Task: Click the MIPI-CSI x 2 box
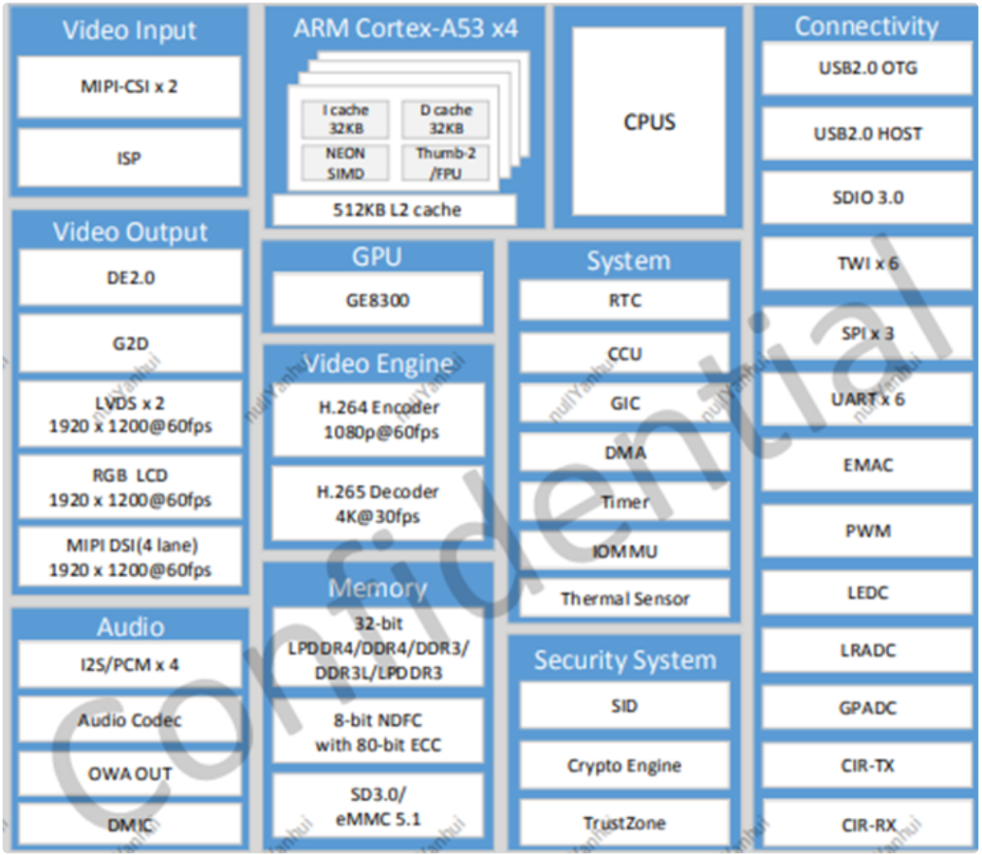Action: coord(129,86)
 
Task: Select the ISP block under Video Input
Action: coord(129,158)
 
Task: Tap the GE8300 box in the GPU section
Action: coord(378,300)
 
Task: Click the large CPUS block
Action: coord(649,122)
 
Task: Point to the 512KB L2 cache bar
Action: coord(395,210)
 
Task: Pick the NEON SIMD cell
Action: coord(344,162)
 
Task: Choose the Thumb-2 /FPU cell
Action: coord(444,162)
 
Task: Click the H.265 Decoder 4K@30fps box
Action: coord(378,504)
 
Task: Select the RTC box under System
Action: coord(624,300)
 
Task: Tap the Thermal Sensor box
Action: coord(624,599)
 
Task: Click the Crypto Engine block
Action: coord(624,766)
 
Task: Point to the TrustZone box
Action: coord(624,823)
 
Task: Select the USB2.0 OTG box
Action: coord(867,68)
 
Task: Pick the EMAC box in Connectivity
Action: coord(867,465)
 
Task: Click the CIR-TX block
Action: coord(867,765)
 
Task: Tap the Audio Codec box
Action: coord(129,720)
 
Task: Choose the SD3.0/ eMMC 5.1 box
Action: coord(378,805)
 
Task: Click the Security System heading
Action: coord(624,660)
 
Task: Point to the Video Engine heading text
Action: coord(378,363)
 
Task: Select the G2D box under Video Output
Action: coord(129,344)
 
